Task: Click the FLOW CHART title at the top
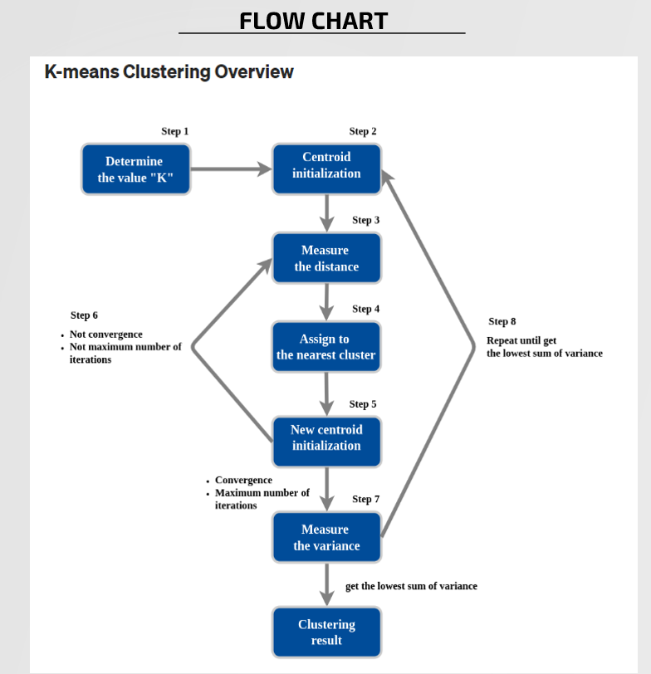point(313,20)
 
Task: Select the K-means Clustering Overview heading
point(169,72)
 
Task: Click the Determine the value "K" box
point(135,169)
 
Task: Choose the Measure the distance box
point(326,258)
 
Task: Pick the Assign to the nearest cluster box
point(326,347)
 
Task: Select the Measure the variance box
point(326,537)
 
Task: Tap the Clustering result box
point(326,632)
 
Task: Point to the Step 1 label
point(174,131)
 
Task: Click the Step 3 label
point(365,220)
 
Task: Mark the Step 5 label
point(362,404)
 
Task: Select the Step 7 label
point(365,499)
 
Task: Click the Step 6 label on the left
point(84,315)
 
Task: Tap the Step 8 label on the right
point(502,321)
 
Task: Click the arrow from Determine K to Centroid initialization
point(231,169)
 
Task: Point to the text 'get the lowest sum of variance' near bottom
point(411,586)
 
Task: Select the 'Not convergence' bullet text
point(105,335)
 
